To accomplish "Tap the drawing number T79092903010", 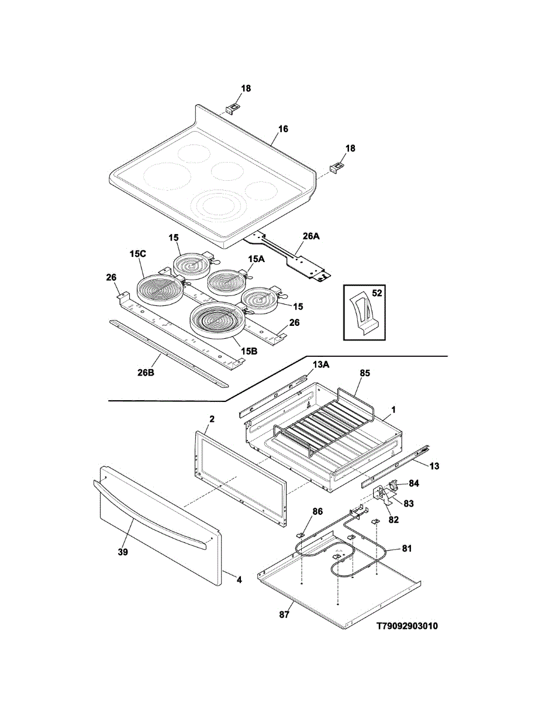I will pos(406,626).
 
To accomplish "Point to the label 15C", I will pos(138,254).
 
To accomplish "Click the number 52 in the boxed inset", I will pos(377,294).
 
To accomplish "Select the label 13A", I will pos(321,364).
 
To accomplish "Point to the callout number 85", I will pos(365,373).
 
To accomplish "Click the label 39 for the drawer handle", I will pos(123,552).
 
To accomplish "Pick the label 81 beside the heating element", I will pos(406,548).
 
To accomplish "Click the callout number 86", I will pos(317,511).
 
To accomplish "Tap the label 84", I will pos(414,483).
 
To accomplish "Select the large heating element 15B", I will pos(215,321).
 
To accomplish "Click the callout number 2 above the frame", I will pos(212,419).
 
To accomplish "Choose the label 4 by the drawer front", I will pos(239,579).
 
